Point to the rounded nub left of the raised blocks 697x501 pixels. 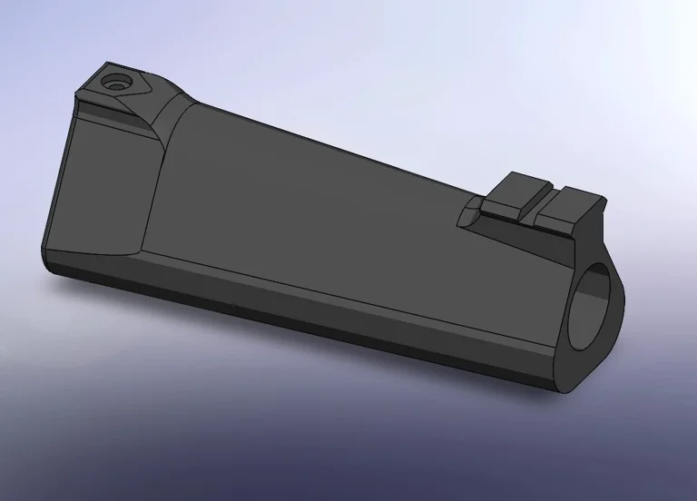pyautogui.click(x=467, y=216)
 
